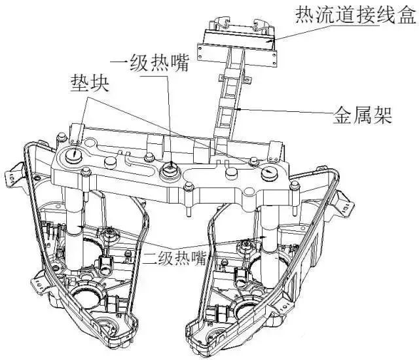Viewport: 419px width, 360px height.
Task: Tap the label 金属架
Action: pos(362,115)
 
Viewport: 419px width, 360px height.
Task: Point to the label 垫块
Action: pos(90,83)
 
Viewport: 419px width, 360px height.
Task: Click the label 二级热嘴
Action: pos(175,258)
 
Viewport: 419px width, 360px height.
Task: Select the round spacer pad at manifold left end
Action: pos(73,155)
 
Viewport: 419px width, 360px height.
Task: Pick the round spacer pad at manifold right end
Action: pos(269,173)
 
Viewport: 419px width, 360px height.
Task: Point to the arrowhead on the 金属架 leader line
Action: pos(240,109)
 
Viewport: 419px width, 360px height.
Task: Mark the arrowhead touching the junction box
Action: pos(272,41)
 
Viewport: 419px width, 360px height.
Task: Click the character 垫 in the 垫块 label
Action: pos(80,83)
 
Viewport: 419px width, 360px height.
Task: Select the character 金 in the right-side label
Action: pos(342,115)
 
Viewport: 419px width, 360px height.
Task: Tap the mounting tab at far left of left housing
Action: pos(13,173)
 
